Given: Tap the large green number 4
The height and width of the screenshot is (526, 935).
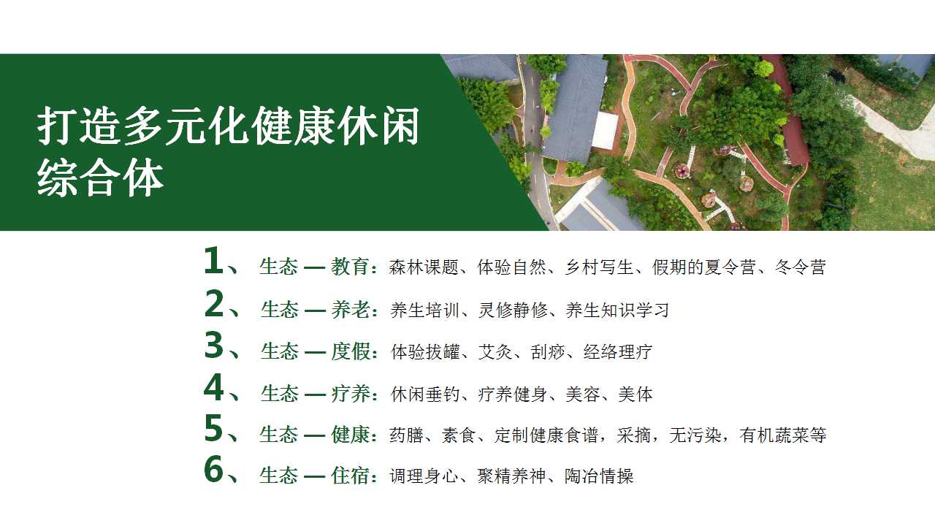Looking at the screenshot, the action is click(214, 387).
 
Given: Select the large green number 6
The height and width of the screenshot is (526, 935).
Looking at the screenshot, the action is click(214, 469).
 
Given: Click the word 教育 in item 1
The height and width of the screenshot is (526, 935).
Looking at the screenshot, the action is click(350, 267).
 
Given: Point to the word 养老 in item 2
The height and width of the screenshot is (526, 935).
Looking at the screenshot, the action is click(351, 310).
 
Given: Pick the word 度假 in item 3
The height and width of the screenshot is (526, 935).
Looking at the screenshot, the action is click(351, 352).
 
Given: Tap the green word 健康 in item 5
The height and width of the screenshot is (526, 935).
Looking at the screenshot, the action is click(351, 435).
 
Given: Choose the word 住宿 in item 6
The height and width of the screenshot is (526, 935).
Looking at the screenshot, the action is click(350, 476).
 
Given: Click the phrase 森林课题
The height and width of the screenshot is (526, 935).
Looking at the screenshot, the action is click(424, 267).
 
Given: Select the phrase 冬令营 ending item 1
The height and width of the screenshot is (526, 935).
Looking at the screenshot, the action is click(800, 267).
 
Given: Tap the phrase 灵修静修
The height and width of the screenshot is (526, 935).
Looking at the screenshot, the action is click(513, 310).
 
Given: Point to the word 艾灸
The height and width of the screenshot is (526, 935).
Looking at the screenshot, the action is click(495, 352).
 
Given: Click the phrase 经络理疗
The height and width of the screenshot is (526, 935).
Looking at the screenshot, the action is click(618, 352).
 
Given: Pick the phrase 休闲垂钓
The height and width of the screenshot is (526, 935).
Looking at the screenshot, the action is click(425, 394).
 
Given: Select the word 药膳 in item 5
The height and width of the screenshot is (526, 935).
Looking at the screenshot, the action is click(406, 435).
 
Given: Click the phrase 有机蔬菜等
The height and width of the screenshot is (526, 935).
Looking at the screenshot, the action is click(782, 435).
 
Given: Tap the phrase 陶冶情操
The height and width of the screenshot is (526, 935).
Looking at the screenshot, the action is click(599, 476).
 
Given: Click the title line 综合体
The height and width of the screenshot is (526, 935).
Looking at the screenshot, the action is click(100, 180).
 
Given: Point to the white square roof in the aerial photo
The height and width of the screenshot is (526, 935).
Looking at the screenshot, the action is click(605, 131).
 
